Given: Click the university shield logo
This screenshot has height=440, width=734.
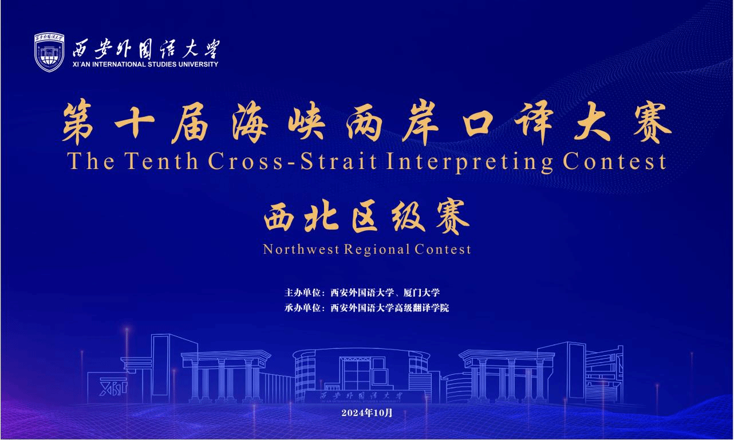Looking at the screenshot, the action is pos(49,53).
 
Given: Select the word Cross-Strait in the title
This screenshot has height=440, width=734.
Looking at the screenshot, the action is pos(293,162).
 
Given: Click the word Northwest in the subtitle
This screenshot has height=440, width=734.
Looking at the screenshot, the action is pos(301,249).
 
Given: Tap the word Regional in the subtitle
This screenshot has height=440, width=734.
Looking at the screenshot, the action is pos(377,250).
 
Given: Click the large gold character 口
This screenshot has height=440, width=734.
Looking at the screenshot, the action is pos(480,124).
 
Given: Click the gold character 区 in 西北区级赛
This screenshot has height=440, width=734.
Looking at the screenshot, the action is pos(365,218).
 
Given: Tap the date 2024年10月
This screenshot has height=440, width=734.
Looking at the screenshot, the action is pos(366,412).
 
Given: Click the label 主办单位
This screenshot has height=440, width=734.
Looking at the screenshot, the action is pos(302,292).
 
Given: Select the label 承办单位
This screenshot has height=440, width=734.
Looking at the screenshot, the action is pos(302,308).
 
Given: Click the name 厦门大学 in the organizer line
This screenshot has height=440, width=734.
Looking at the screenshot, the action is pos(421,292).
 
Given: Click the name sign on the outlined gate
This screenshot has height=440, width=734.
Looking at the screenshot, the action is pos(361,396).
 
